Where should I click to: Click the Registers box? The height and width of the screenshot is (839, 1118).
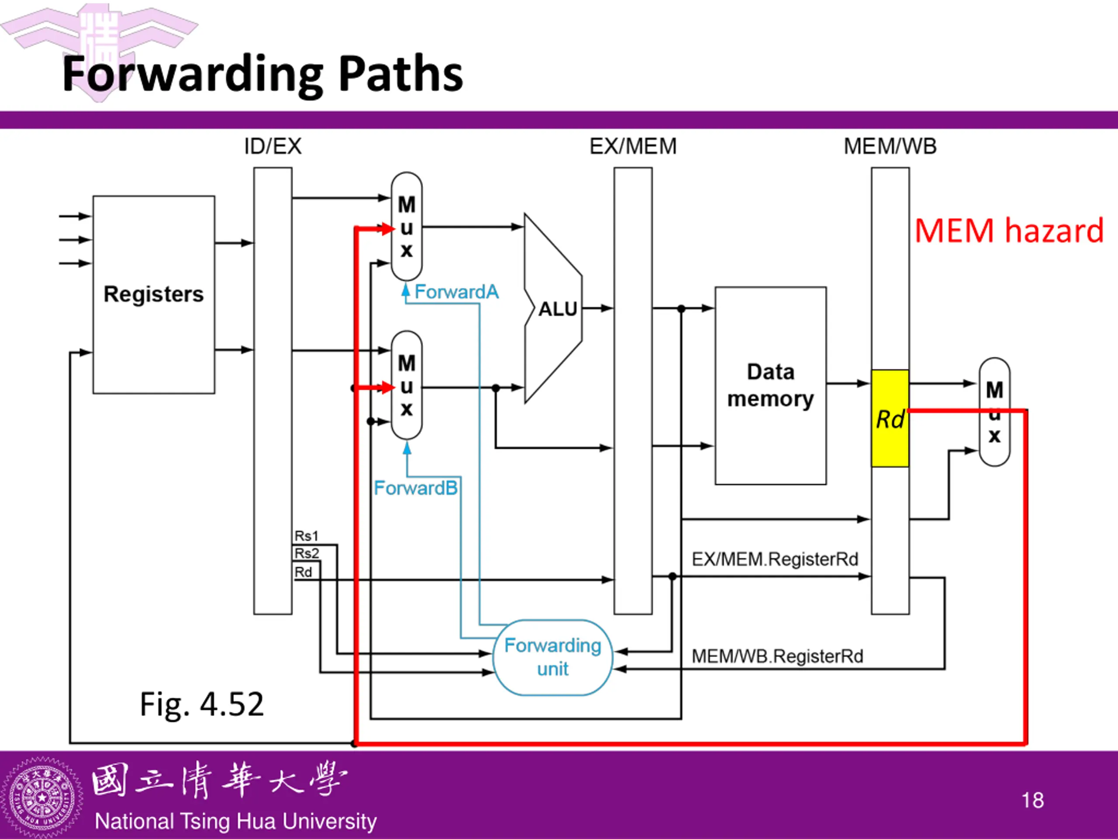click(154, 295)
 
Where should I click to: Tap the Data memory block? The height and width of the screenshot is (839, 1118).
click(771, 385)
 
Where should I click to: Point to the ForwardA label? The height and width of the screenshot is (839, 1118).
click(456, 292)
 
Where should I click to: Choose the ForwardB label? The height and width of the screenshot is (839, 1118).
click(415, 488)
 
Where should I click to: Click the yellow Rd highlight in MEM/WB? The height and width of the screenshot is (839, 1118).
click(890, 418)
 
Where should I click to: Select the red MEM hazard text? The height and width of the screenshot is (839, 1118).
click(1009, 231)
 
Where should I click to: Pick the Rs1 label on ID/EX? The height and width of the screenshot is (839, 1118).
click(306, 536)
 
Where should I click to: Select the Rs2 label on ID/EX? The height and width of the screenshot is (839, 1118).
click(307, 553)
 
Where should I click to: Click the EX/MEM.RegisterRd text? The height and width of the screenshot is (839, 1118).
click(775, 559)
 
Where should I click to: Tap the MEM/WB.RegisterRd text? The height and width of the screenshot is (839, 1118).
click(777, 656)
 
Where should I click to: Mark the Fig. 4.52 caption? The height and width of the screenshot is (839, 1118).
click(202, 704)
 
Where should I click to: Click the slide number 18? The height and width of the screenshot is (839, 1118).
click(1032, 801)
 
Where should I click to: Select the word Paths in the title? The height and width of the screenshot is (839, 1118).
click(400, 74)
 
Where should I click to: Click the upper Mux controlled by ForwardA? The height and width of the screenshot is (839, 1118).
click(407, 226)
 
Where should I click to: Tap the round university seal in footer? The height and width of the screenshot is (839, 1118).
click(41, 797)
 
